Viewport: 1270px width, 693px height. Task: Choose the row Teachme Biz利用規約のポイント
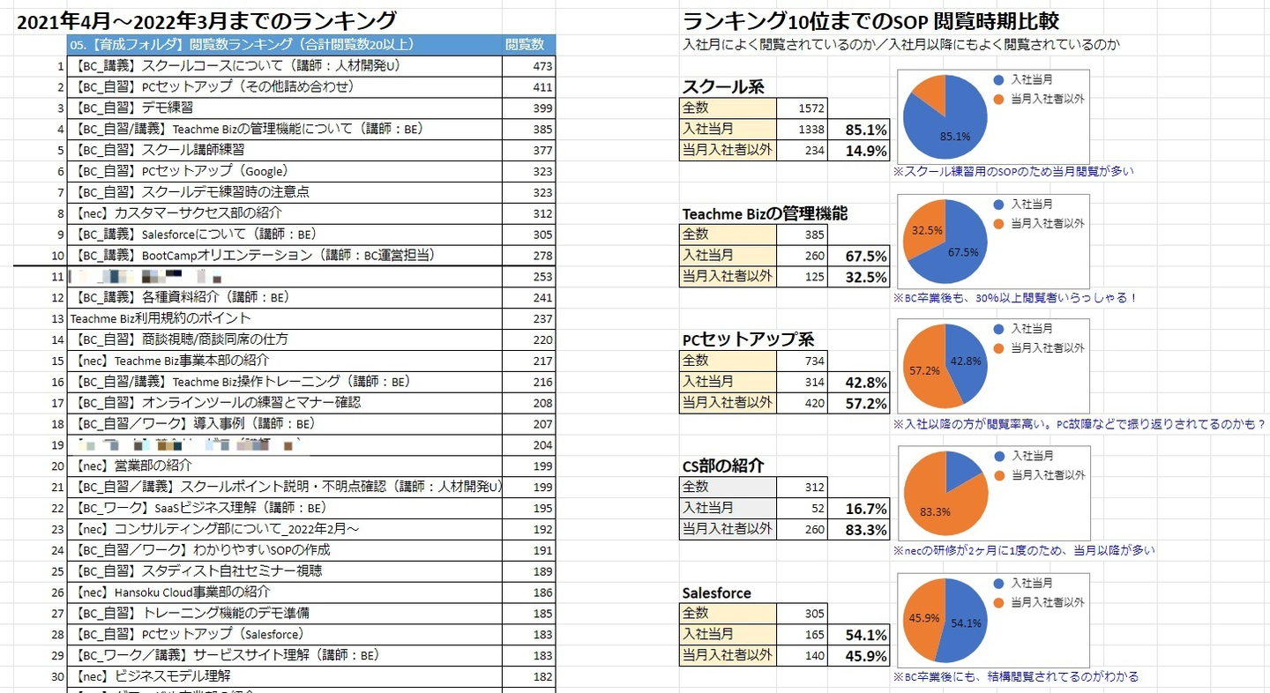(161, 318)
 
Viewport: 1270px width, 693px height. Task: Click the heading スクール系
(723, 86)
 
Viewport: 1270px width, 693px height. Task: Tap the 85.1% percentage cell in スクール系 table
(865, 130)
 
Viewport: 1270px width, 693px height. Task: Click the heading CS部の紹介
(723, 466)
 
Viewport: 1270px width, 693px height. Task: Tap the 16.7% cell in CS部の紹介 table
(865, 508)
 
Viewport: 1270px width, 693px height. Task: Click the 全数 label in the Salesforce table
(696, 613)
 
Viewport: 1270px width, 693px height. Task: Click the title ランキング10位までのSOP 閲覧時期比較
(870, 21)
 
